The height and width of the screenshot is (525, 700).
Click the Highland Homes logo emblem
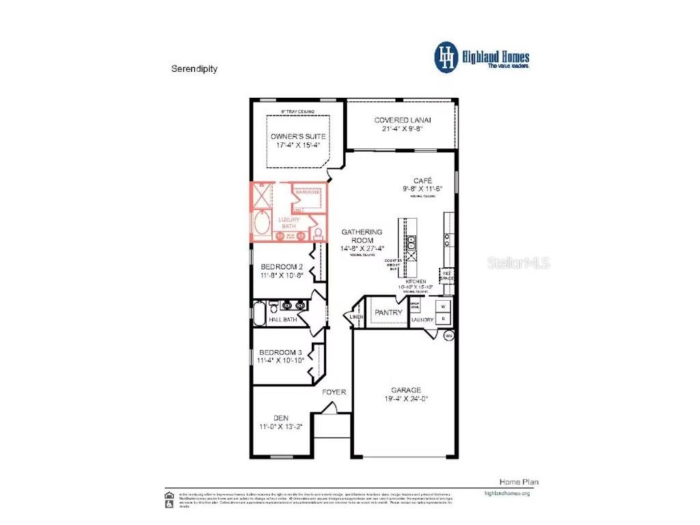[446, 57]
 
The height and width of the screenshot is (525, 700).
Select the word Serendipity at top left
[194, 69]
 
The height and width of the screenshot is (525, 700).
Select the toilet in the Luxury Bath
[318, 233]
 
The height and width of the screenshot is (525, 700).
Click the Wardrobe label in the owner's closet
[308, 192]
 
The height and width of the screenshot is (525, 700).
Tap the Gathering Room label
[362, 236]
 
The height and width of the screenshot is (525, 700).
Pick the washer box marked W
[442, 307]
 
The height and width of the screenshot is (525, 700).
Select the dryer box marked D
[442, 318]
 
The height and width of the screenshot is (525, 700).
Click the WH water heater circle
[449, 336]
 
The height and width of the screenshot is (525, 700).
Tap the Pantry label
[388, 312]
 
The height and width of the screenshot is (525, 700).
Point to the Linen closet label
[355, 317]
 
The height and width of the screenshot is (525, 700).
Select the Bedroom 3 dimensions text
[280, 360]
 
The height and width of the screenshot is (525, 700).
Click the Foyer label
[335, 392]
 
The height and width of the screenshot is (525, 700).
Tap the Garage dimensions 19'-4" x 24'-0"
[406, 399]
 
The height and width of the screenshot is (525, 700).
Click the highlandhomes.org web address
[507, 493]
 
